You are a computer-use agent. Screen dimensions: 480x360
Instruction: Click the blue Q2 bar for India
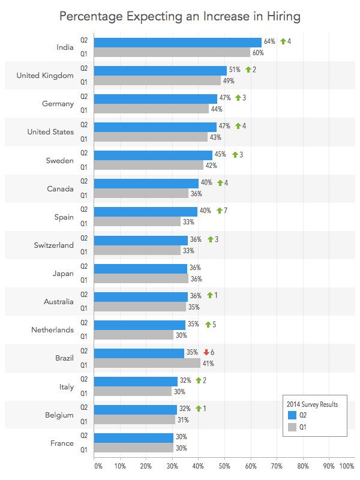pyautogui.click(x=178, y=42)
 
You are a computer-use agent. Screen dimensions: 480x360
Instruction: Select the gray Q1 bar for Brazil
pyautogui.click(x=147, y=363)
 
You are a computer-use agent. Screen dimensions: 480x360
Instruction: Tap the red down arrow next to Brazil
pyautogui.click(x=206, y=352)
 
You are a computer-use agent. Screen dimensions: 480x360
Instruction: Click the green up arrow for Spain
pyautogui.click(x=220, y=211)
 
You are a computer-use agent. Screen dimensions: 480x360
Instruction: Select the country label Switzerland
pyautogui.click(x=53, y=245)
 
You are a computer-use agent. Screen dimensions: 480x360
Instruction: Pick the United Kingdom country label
pyautogui.click(x=45, y=76)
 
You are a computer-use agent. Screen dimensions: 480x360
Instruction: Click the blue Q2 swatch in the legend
pyautogui.click(x=293, y=415)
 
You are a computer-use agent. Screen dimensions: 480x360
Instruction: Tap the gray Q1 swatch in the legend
pyautogui.click(x=293, y=427)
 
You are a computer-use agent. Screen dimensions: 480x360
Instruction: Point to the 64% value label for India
pyautogui.click(x=269, y=41)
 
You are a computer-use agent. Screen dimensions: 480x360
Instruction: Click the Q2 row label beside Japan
pyautogui.click(x=84, y=267)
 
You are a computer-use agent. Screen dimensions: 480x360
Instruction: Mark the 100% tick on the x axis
pyautogui.click(x=347, y=465)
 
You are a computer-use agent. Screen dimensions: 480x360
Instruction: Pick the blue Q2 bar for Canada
pyautogui.click(x=146, y=183)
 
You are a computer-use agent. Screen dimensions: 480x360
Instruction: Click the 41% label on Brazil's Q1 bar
pyautogui.click(x=208, y=364)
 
